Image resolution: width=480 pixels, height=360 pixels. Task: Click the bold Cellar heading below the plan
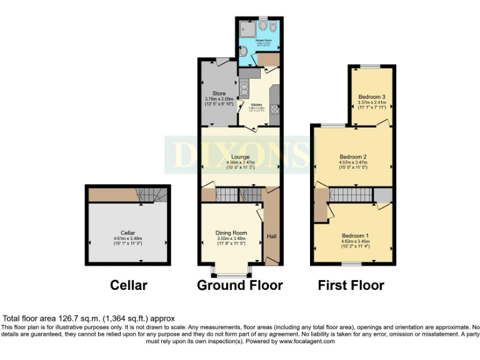tap(129, 285)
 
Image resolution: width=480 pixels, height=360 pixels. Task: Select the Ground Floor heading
tap(240, 285)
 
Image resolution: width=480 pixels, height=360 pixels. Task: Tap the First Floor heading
tap(351, 285)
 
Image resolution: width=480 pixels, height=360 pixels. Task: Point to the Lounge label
tap(240, 157)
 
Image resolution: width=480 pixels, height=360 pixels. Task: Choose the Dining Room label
tap(231, 232)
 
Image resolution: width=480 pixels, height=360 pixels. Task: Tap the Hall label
tap(272, 236)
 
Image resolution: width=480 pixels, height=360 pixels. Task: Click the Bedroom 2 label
tap(353, 156)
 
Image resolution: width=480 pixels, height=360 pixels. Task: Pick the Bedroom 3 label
tap(372, 97)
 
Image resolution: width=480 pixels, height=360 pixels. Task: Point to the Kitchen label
tap(257, 104)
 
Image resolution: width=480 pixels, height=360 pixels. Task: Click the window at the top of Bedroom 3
tap(372, 66)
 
